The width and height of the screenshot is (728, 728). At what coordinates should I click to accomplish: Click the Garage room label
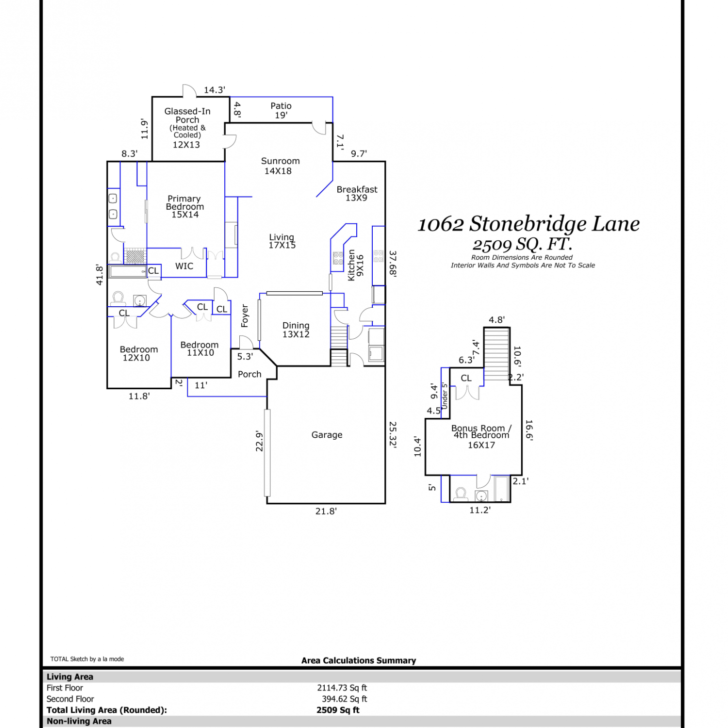click(x=327, y=435)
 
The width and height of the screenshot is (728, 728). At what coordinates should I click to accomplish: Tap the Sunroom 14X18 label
click(x=280, y=165)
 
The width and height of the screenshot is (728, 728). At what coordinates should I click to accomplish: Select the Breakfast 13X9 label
click(x=357, y=193)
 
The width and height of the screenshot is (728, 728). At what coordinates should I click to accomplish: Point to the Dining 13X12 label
click(x=296, y=330)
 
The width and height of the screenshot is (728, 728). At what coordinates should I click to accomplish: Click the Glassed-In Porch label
click(x=187, y=116)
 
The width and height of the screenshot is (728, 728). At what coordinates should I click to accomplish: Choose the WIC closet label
click(x=184, y=266)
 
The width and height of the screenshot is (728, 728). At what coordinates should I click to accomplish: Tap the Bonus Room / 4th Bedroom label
click(x=481, y=431)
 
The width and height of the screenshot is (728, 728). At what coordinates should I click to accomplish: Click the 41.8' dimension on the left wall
click(x=99, y=275)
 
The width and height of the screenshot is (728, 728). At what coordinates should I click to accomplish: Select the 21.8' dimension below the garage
click(x=326, y=511)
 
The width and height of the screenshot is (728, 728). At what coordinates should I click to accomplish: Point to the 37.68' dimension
click(x=393, y=264)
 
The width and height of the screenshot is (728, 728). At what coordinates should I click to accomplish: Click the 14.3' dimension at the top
click(x=215, y=90)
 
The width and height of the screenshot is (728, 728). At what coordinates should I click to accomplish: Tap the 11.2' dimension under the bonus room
click(x=480, y=510)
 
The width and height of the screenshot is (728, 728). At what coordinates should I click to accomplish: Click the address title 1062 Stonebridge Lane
click(x=529, y=224)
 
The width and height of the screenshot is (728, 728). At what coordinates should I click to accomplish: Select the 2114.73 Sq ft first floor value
click(x=342, y=688)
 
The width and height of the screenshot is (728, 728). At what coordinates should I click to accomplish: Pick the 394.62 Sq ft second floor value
click(x=345, y=699)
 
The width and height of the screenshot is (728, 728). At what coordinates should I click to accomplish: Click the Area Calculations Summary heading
click(x=359, y=661)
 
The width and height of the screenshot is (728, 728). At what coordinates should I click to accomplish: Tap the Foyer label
click(x=245, y=316)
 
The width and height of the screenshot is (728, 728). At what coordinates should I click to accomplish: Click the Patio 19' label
click(x=281, y=110)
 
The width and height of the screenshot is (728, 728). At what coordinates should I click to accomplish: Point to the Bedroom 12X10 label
click(x=139, y=353)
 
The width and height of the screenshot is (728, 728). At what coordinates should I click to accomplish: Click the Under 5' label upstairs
click(x=445, y=396)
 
